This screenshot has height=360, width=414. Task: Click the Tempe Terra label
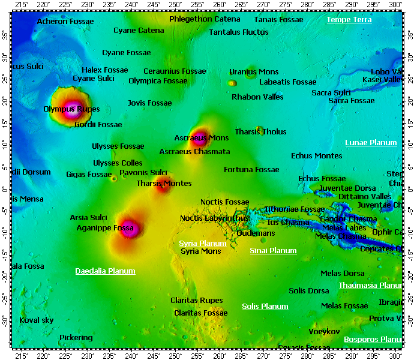349,20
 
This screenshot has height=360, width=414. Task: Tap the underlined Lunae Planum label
371,143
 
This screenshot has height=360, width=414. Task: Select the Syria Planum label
203,243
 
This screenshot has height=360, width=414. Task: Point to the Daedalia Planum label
105,271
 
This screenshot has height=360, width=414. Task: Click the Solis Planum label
265,307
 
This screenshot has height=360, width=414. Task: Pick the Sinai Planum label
273,251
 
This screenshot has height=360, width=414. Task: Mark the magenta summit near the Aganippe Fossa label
129,229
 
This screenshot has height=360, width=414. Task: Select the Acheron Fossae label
65,22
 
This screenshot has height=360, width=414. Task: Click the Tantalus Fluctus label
239,32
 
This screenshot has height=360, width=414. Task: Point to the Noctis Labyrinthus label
214,218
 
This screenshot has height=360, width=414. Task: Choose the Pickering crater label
76,338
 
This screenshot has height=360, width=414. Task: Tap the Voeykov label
325,332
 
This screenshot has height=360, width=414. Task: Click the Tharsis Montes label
164,184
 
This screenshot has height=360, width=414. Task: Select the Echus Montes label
317,156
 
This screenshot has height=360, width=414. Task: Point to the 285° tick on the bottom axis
329,355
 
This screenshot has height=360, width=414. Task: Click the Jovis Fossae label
149,103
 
